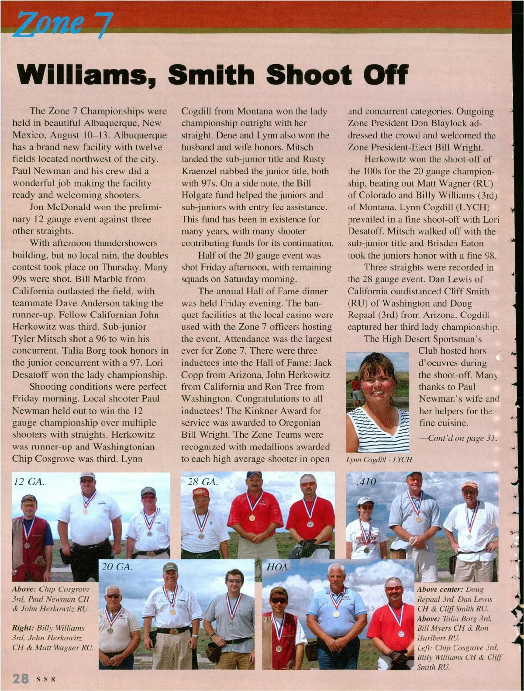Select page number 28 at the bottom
[x=21, y=679]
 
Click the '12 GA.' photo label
[x=29, y=482]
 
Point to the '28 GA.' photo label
[x=203, y=482]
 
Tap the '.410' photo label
[x=366, y=482]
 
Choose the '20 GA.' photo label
[x=117, y=567]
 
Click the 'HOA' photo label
[x=277, y=567]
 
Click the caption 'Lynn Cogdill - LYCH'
[x=379, y=460]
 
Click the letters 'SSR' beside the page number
[x=46, y=680]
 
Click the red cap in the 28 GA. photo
[x=200, y=492]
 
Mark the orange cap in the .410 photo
[x=469, y=485]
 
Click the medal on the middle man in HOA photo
[x=336, y=614]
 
